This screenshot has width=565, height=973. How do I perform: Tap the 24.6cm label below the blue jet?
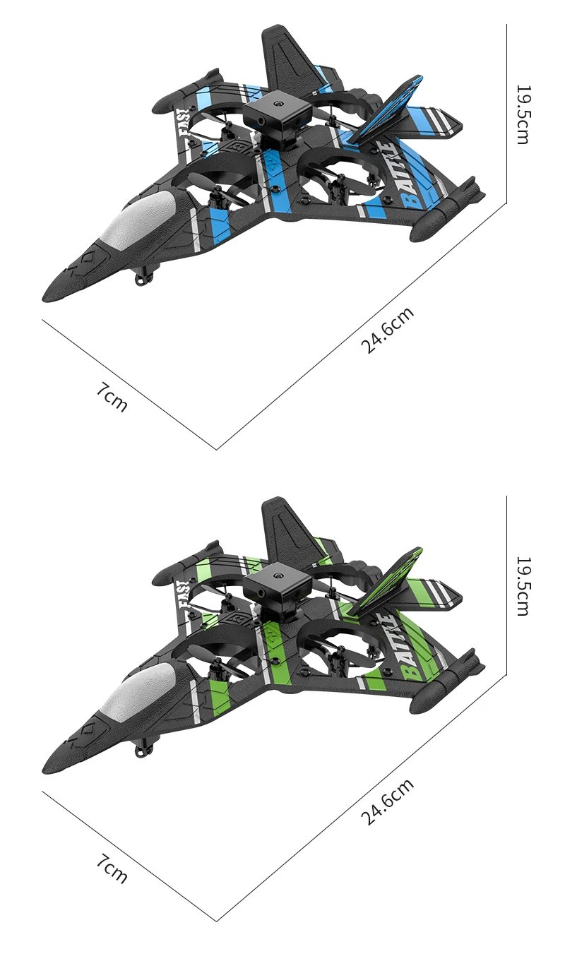point(387,330)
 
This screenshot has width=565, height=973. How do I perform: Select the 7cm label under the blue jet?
point(112,397)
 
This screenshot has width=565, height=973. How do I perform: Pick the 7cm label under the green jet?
point(112,868)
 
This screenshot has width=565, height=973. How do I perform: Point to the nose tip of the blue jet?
point(47,297)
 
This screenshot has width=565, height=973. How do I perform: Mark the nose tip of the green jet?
point(47,769)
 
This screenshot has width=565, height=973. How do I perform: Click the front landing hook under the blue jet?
point(144,278)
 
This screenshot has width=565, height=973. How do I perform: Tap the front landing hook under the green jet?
point(144,750)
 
